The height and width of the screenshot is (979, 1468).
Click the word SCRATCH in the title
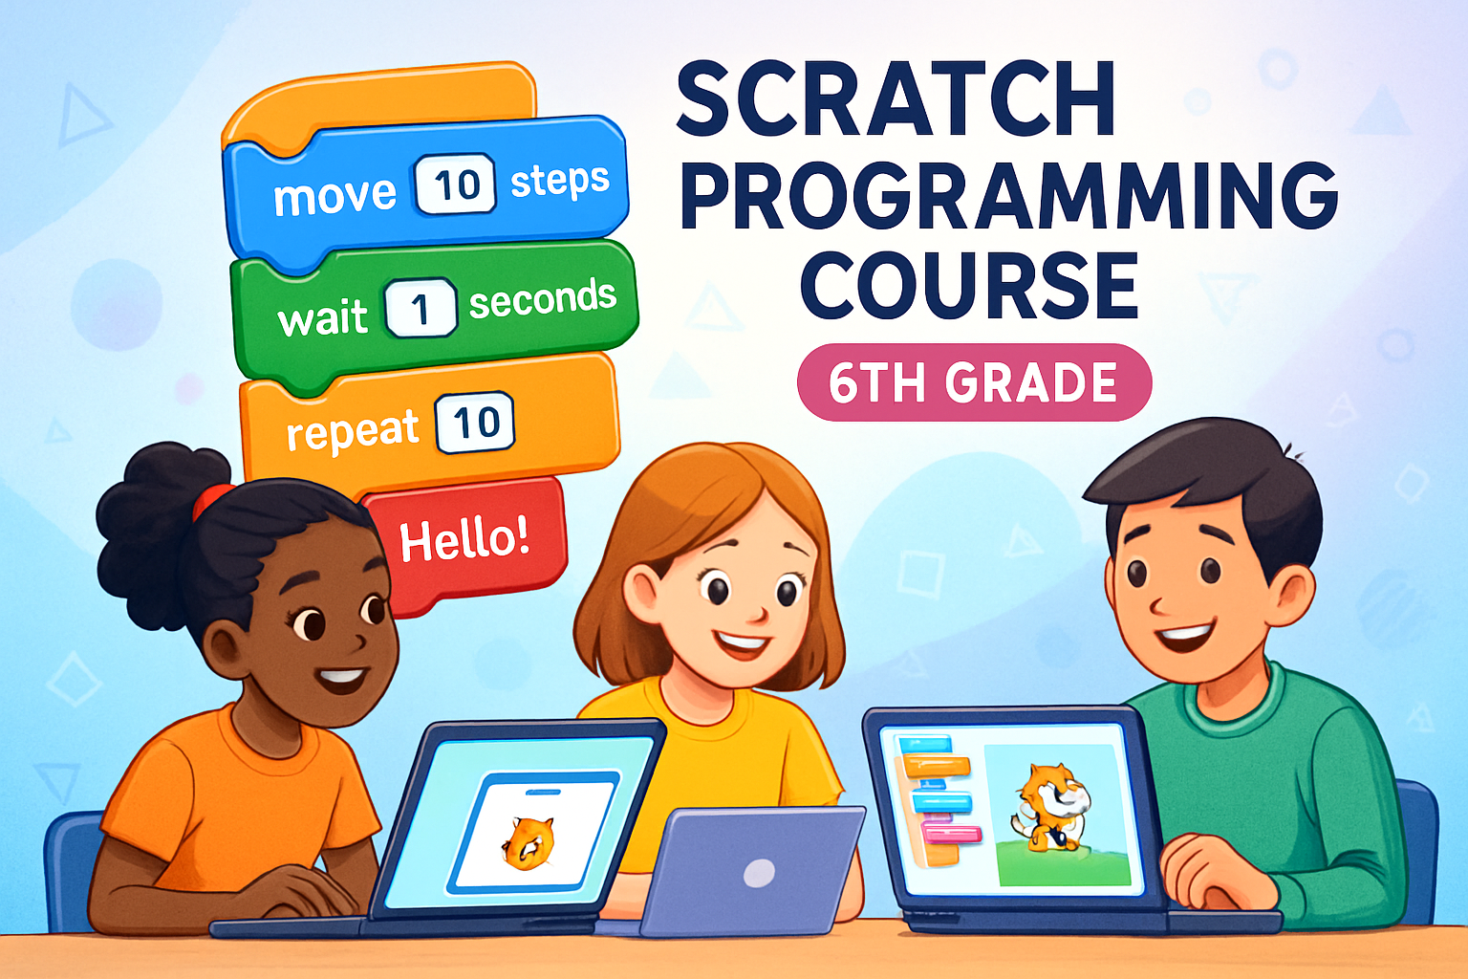coord(896,99)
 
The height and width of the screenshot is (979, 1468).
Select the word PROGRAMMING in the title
coord(1008,195)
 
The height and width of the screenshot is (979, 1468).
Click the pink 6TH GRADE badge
coord(974,382)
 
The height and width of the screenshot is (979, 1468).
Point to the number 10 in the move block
coord(455,184)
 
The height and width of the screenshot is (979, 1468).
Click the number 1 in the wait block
coord(421,309)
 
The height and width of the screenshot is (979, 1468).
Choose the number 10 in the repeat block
coord(475,422)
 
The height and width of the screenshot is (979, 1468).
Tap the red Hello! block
coord(464,540)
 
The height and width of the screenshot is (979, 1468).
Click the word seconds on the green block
coord(542,299)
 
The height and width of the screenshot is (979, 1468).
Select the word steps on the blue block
coord(559,180)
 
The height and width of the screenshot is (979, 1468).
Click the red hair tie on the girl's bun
coord(212,500)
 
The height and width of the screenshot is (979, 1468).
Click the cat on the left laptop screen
coord(528,841)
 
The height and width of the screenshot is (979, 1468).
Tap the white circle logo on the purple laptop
coord(759,873)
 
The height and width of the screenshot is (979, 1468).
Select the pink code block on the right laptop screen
coord(951,835)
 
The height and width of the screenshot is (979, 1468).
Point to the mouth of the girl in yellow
coord(741,642)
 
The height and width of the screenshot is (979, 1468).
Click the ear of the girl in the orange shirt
coord(227,650)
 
